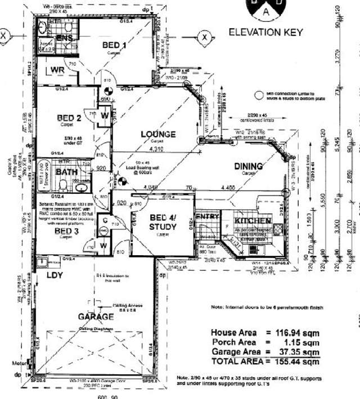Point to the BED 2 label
[70, 118]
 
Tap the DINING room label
[249, 166]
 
